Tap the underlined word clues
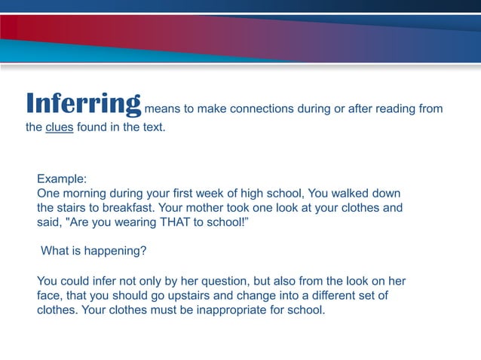pos(59,127)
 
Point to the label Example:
pos(62,179)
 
